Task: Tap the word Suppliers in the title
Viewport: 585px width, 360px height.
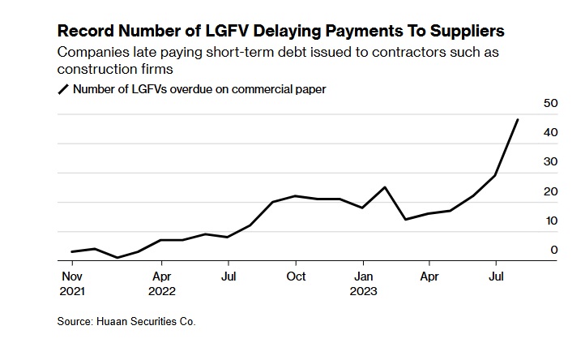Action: (x=465, y=31)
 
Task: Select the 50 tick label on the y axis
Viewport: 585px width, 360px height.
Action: (x=550, y=103)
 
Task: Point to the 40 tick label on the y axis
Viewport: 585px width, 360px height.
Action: (x=550, y=132)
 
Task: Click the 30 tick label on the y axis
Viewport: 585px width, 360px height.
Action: (x=550, y=161)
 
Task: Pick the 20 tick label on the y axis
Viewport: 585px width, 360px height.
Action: (x=550, y=191)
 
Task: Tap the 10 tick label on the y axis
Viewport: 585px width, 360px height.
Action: (x=550, y=221)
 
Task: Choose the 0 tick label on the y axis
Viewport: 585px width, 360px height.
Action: (x=554, y=250)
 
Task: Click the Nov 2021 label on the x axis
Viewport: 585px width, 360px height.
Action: (x=72, y=282)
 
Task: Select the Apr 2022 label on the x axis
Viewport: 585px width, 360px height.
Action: (x=161, y=282)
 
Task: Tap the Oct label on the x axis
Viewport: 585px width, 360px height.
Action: (x=296, y=276)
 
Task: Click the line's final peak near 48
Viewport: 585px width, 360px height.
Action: (x=518, y=120)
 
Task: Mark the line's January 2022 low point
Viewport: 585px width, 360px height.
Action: (x=117, y=258)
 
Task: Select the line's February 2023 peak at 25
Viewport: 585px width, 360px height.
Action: (x=385, y=187)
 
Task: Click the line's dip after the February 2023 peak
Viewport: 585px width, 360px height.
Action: (x=405, y=220)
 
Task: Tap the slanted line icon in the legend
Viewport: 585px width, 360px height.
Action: (x=62, y=89)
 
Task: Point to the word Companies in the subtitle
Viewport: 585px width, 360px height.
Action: (x=92, y=51)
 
